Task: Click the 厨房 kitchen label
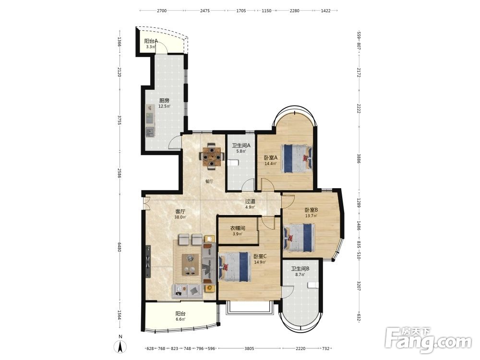(164, 100)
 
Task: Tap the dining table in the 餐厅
(211, 156)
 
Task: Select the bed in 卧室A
(297, 158)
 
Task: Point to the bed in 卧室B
(300, 238)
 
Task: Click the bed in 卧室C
(234, 266)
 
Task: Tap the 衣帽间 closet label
(238, 228)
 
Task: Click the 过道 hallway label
(250, 202)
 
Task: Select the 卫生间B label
(300, 269)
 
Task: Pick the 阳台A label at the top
(151, 41)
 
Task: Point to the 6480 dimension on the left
(120, 248)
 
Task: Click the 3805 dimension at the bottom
(250, 348)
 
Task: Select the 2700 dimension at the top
(162, 11)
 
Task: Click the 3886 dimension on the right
(359, 158)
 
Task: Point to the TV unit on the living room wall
(148, 262)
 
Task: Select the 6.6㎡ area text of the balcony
(180, 320)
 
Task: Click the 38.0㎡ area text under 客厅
(180, 217)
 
